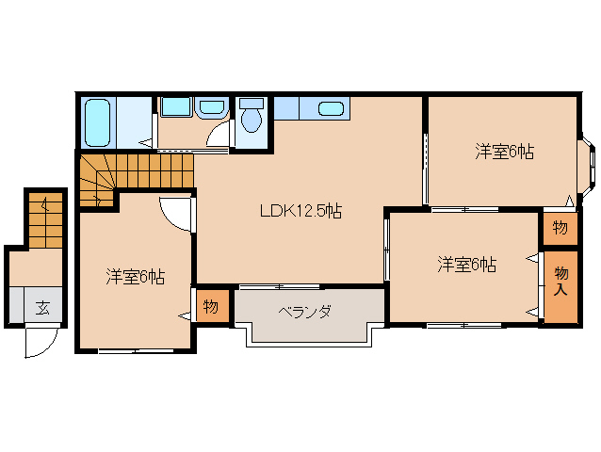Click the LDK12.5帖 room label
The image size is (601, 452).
click(x=300, y=211)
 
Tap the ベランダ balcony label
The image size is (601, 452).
click(x=304, y=313)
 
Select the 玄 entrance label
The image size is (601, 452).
click(x=42, y=308)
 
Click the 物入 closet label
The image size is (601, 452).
click(x=561, y=282)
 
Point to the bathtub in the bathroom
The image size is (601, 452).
click(x=97, y=122)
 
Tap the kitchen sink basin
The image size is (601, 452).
click(x=331, y=109)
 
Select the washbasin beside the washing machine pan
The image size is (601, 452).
click(x=211, y=107)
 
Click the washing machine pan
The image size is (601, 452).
click(x=176, y=106)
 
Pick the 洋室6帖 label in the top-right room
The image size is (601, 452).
click(x=504, y=152)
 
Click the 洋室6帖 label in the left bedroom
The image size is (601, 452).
click(x=136, y=277)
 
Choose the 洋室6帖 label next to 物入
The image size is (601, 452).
click(x=466, y=265)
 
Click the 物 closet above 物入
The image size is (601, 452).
click(x=560, y=228)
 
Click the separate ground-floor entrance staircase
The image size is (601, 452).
click(x=46, y=220)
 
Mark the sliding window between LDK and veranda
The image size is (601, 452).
click(x=280, y=286)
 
